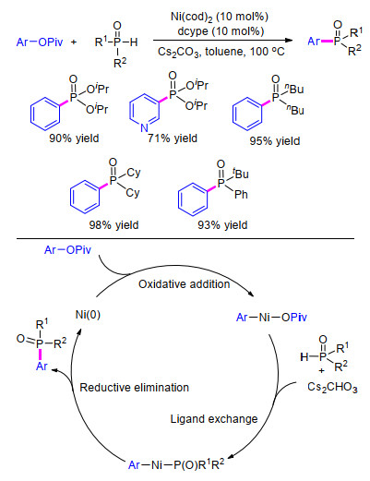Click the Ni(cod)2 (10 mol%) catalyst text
(220, 17)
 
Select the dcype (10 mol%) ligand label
(221, 31)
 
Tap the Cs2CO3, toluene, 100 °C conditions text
(221, 52)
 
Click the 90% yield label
(74, 138)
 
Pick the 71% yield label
(173, 138)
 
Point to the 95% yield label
(275, 141)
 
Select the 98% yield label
(113, 225)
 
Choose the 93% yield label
(222, 225)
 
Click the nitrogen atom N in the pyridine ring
(144, 127)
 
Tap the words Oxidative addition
(184, 284)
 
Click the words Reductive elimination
(134, 388)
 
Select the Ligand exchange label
(214, 419)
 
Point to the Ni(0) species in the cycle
(88, 315)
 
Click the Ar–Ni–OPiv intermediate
(271, 318)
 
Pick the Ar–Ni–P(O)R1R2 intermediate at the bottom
(176, 464)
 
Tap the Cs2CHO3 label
(332, 387)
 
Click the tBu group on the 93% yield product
(241, 174)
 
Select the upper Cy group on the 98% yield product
(133, 173)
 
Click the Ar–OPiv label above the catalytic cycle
(67, 250)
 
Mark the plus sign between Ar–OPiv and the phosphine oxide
(74, 42)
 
